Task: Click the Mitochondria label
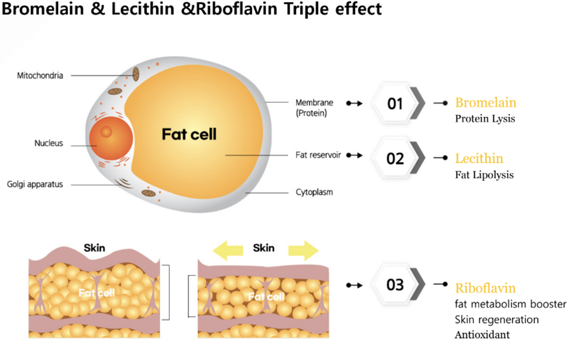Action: click(x=40, y=76)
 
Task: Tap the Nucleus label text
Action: click(x=48, y=143)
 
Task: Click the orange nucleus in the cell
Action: click(x=110, y=136)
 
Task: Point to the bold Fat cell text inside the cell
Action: click(x=189, y=134)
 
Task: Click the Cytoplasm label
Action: click(x=314, y=192)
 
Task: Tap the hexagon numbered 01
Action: click(x=395, y=103)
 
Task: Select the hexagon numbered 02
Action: click(x=395, y=159)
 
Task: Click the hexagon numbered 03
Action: click(x=395, y=285)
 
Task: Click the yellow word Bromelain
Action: click(x=485, y=102)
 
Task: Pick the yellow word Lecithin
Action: click(x=479, y=158)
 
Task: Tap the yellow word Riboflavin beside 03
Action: click(x=485, y=288)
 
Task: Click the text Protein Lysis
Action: click(x=485, y=119)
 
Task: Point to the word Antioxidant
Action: click(x=482, y=335)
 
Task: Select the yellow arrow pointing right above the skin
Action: click(x=303, y=251)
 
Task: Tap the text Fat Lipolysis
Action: click(x=484, y=175)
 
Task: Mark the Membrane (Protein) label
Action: click(x=314, y=108)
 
